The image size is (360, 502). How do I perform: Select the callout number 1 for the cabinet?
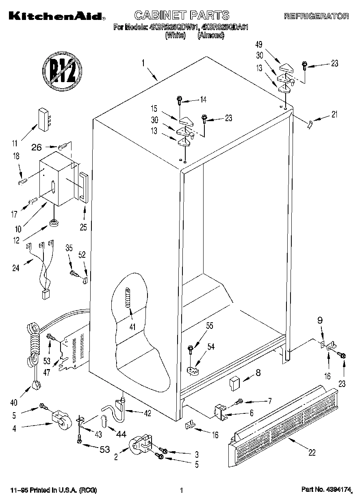click(x=143, y=63)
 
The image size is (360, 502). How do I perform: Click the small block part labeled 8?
click(x=234, y=382)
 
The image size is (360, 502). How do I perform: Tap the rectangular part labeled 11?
click(x=43, y=119)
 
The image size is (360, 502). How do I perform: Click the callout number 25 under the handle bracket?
click(x=83, y=227)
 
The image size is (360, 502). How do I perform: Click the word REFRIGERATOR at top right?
click(x=316, y=17)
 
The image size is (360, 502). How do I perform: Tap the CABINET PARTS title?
click(x=182, y=16)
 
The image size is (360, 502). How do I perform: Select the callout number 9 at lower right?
click(x=320, y=320)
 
